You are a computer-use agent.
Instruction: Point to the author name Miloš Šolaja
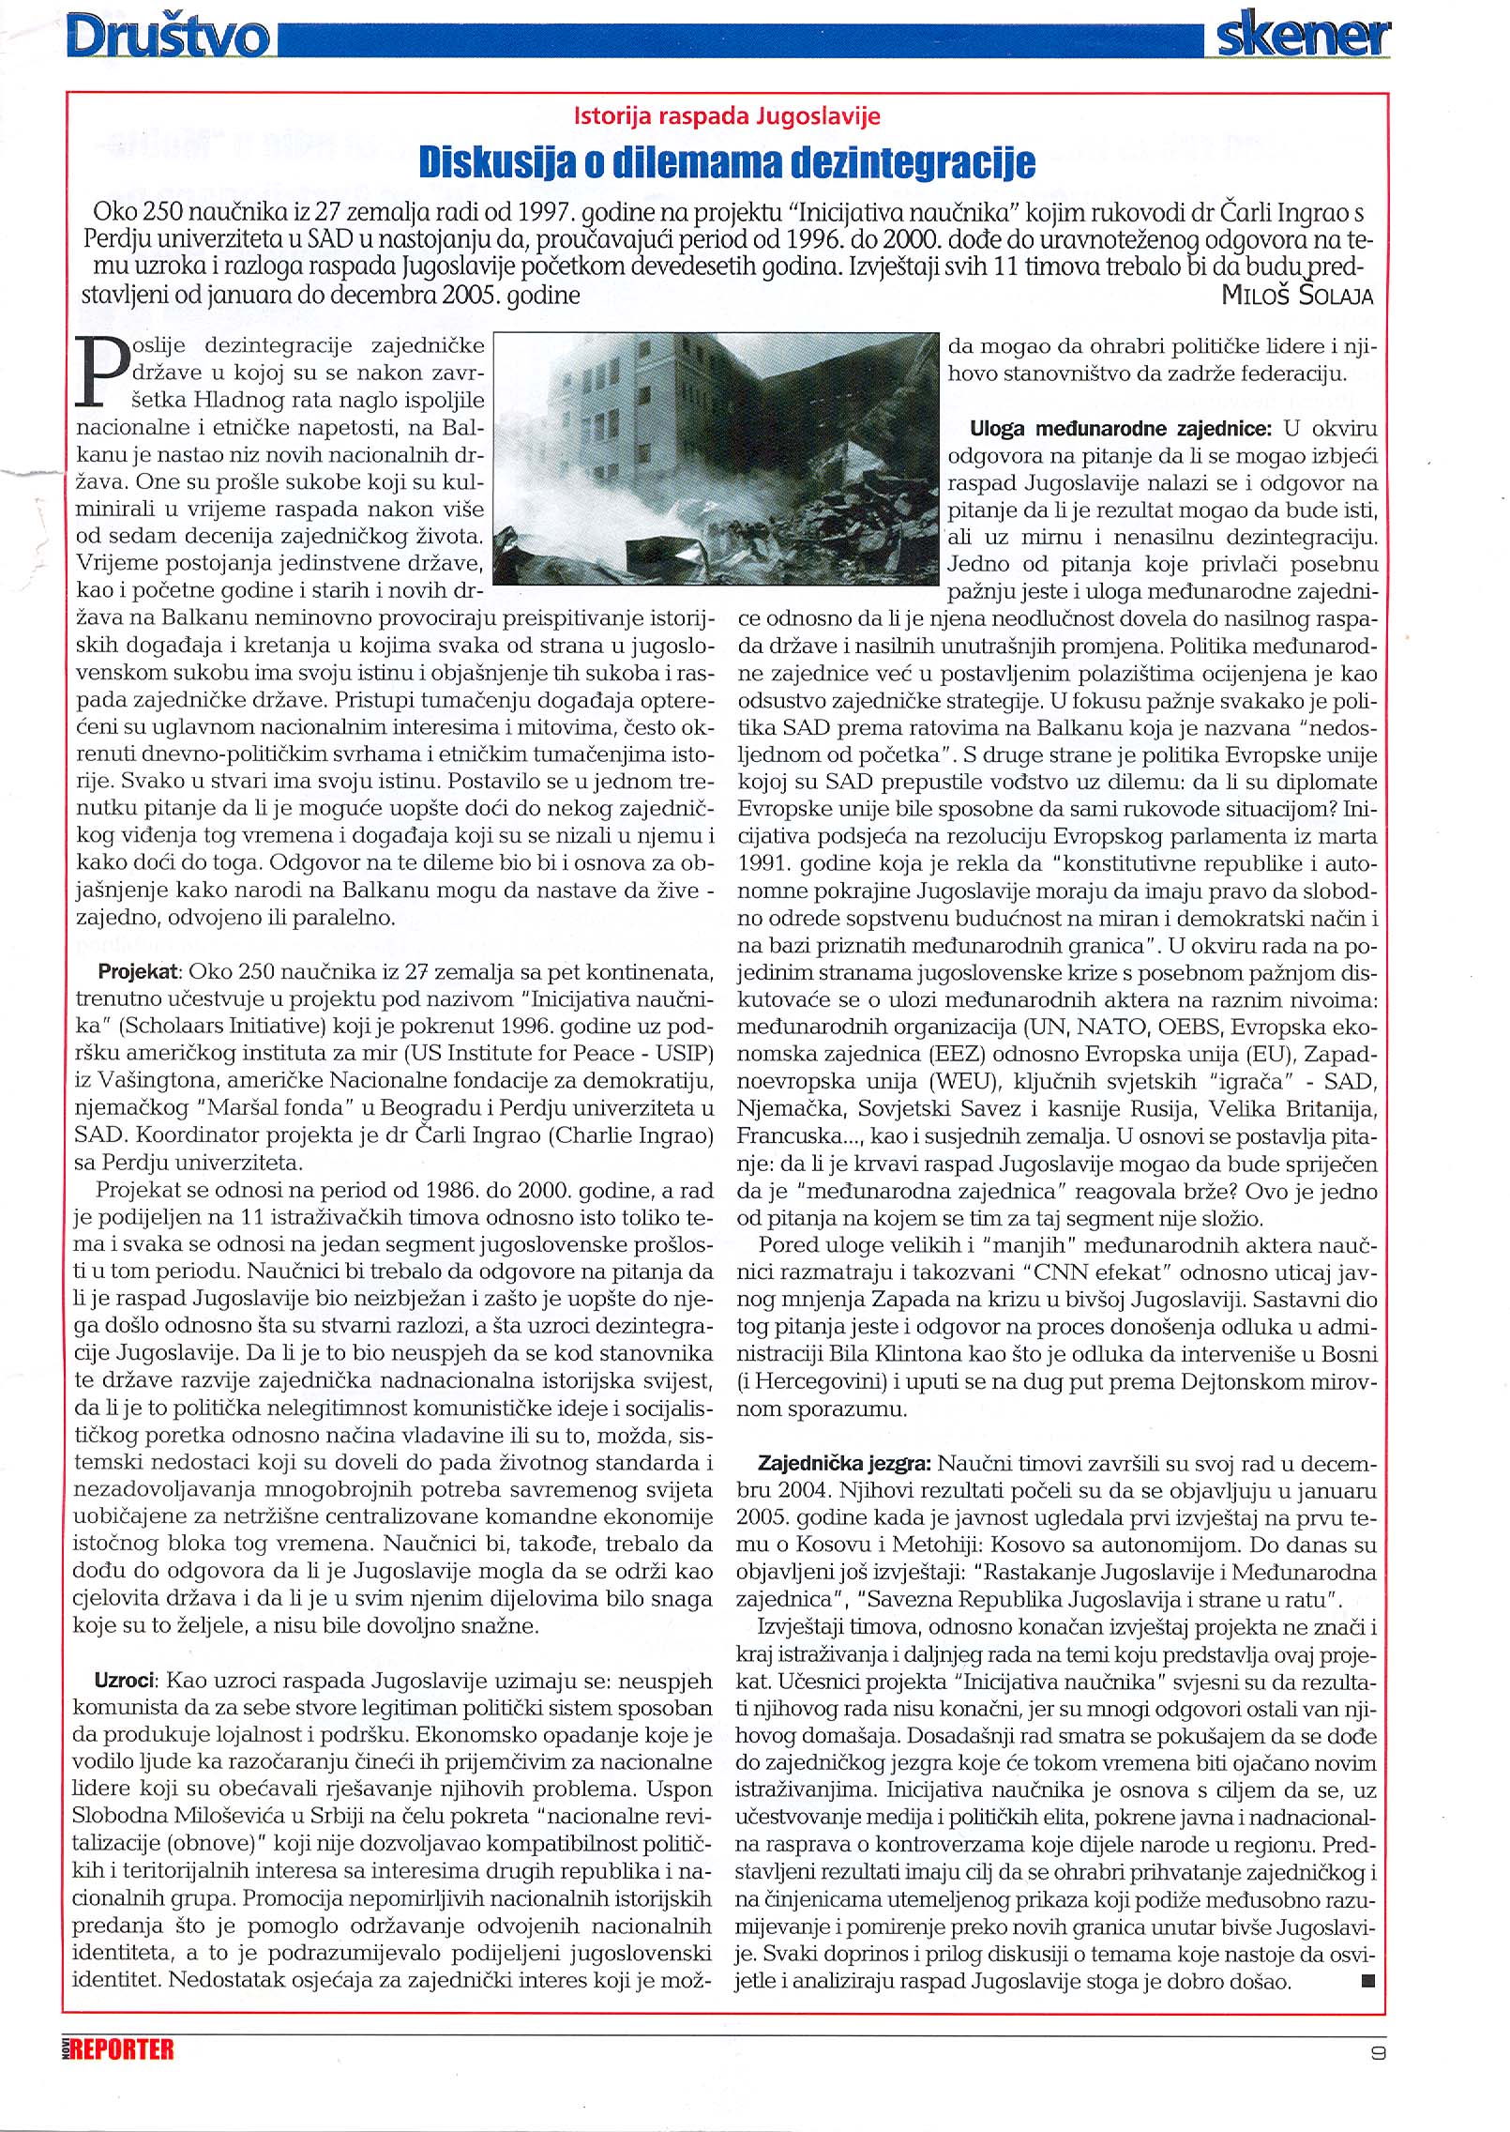[x=1297, y=296]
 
